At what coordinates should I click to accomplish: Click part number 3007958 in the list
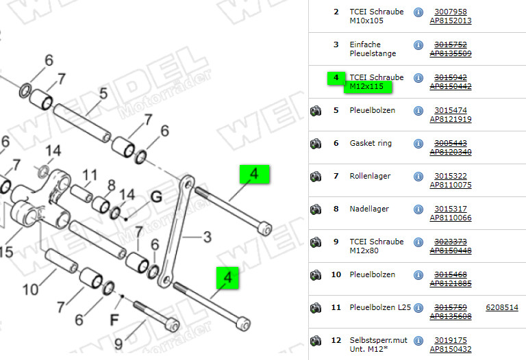coord(450,12)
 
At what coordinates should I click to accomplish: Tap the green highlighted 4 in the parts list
coord(336,78)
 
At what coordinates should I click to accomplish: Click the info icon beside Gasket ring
coord(418,144)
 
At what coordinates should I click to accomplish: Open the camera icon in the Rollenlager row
coord(316,177)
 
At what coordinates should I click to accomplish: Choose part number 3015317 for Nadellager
coord(450,209)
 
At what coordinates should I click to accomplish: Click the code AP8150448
coord(450,250)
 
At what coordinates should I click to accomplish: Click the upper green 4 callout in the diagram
coord(255,175)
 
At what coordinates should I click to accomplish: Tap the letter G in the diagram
coord(156,198)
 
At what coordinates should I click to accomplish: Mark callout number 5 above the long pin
coord(103,92)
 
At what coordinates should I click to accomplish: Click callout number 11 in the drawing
coord(90,175)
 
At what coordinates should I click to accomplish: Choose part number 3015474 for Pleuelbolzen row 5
coord(450,110)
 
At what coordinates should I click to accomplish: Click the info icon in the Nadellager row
coord(418,209)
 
